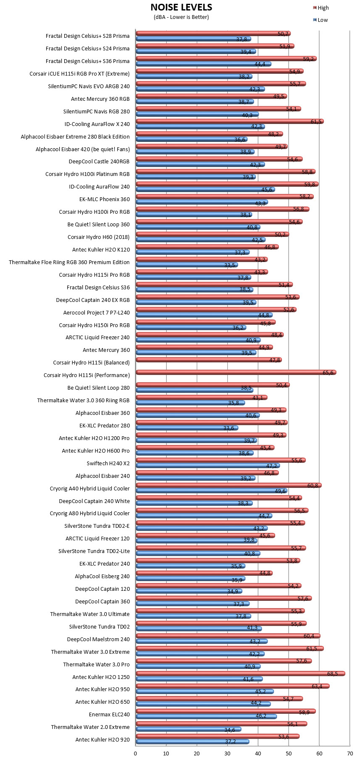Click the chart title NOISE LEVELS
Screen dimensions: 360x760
181,8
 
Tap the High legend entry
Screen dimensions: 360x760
321,8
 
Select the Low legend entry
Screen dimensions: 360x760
321,20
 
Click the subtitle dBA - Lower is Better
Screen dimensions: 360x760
181,17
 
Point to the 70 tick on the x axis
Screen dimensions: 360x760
350,754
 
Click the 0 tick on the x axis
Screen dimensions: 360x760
135,754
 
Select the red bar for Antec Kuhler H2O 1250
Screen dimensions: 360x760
240,674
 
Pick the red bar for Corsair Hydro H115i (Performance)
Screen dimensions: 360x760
236,372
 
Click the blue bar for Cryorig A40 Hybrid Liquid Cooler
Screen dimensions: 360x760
211,490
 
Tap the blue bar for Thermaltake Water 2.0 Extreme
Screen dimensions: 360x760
189,729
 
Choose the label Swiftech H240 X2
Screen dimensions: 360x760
108,464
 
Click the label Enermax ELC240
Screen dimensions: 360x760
109,715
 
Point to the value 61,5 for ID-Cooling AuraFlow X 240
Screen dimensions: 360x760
316,121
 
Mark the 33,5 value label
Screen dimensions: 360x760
230,265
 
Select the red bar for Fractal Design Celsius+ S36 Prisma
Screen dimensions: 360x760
226,59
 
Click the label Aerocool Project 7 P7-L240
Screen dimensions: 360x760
97,313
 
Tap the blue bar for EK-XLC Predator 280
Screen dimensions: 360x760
187,428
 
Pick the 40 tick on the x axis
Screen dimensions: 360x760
258,754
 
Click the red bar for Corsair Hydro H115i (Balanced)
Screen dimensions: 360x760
209,360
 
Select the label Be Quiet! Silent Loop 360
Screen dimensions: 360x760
99,225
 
